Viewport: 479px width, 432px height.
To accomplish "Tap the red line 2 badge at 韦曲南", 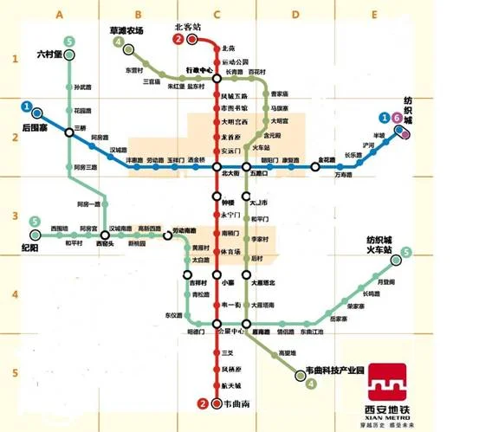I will (203, 403).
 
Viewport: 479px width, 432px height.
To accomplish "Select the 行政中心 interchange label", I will (198, 68).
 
